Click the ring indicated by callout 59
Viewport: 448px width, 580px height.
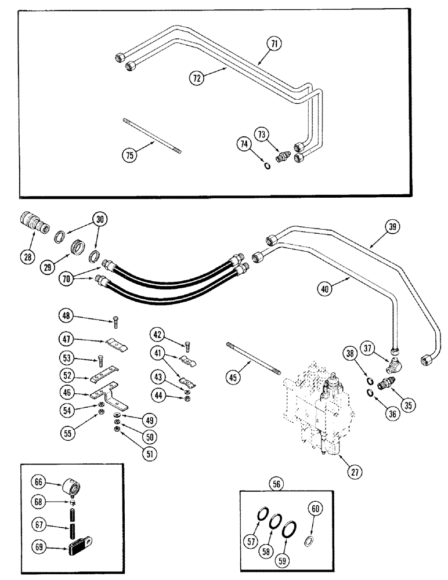point(287,530)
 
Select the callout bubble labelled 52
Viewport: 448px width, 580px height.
point(66,376)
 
